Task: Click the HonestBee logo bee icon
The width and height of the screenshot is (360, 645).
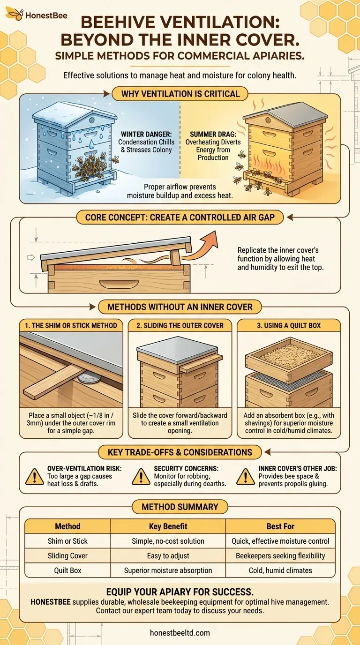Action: (x=15, y=14)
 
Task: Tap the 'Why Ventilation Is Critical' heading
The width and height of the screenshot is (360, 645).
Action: (x=180, y=94)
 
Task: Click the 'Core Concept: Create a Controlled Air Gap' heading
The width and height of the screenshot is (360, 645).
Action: (x=180, y=217)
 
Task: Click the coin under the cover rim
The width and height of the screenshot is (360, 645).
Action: (x=87, y=378)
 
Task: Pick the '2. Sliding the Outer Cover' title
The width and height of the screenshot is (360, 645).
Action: (x=180, y=325)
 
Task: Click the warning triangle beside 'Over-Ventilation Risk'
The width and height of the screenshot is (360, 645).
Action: (x=35, y=476)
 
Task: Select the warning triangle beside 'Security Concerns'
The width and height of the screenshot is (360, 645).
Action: (x=141, y=476)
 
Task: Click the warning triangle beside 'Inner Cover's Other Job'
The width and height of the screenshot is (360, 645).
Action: (x=245, y=476)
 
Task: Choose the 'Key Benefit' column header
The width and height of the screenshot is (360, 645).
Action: (x=168, y=526)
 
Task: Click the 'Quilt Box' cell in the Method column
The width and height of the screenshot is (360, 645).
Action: (x=67, y=570)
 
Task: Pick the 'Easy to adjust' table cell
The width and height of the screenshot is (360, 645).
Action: (x=168, y=555)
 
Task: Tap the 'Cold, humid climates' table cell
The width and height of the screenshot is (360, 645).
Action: (x=280, y=570)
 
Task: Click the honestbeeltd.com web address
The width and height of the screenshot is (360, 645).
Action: (x=180, y=632)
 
